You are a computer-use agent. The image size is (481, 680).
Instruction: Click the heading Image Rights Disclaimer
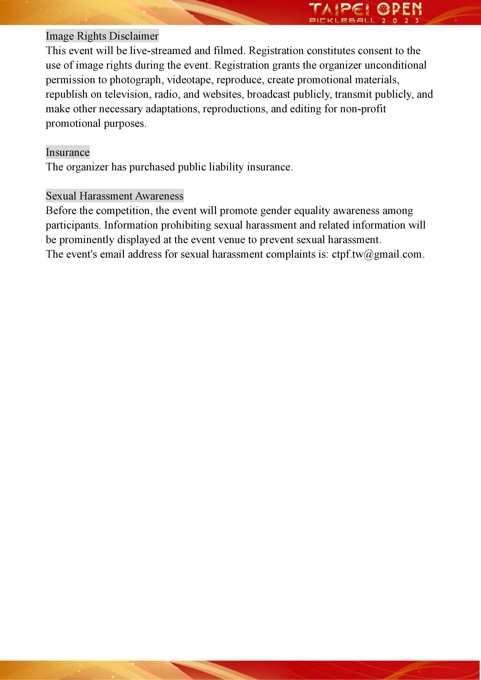click(102, 36)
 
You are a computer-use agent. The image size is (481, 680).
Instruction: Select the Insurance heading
click(68, 152)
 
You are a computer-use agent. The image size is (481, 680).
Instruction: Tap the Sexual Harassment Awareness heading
click(115, 196)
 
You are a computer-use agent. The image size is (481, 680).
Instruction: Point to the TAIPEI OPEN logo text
click(365, 9)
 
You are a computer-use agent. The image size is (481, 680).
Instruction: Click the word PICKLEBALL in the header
click(342, 20)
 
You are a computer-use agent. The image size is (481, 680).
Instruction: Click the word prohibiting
click(186, 225)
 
